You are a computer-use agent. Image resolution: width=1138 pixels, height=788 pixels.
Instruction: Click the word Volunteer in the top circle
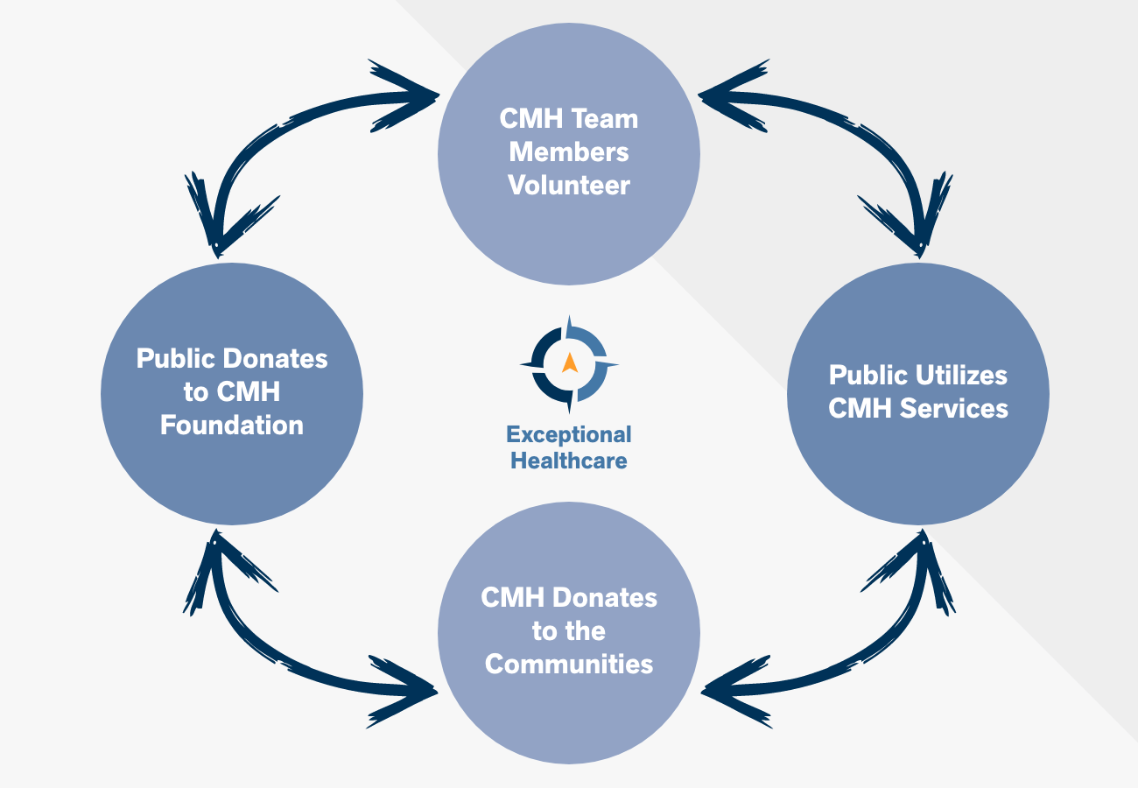coord(569,186)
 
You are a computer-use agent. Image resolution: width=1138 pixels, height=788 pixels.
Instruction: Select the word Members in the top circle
coord(569,151)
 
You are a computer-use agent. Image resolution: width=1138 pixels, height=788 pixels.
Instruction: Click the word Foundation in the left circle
coord(232,426)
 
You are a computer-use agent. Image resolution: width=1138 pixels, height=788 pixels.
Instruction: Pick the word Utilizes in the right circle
coord(963,375)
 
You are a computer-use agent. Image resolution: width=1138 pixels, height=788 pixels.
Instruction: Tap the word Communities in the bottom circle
coord(569,664)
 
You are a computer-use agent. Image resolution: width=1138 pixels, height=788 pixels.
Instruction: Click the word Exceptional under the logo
coord(569,434)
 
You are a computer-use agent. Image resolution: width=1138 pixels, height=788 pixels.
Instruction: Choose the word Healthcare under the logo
coord(569,460)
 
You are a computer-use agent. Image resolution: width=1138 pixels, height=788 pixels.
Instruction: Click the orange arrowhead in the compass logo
coord(570,362)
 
